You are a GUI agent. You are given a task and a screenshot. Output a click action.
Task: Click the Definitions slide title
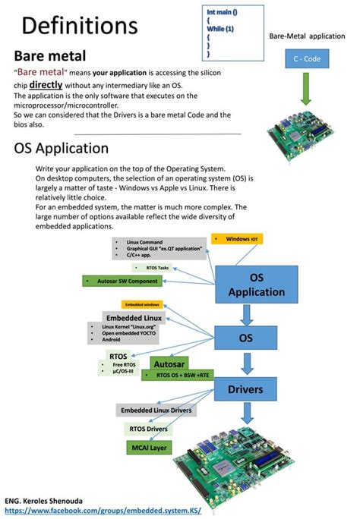coord(79,26)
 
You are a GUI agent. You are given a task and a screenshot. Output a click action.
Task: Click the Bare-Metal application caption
coord(307,36)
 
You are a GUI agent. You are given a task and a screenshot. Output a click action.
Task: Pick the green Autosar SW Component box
coord(123,282)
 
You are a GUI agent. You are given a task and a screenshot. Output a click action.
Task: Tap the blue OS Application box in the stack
coord(256,285)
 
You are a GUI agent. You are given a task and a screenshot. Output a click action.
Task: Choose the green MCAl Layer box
coord(149,448)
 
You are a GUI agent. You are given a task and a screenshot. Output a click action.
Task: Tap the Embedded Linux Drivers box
coord(156,410)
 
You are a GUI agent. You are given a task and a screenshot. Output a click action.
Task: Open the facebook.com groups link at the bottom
coord(103,511)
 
